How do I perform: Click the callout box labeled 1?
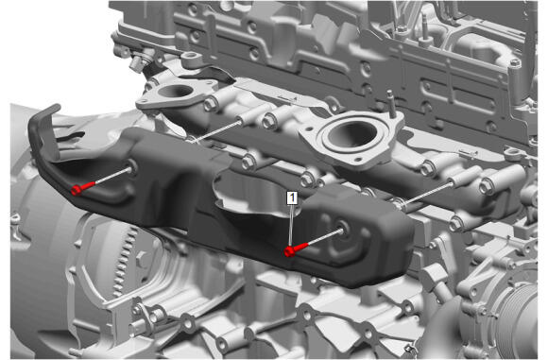pyautogui.click(x=292, y=197)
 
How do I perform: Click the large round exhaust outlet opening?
pyautogui.click(x=352, y=135)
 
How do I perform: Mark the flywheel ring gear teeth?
pyautogui.click(x=125, y=259)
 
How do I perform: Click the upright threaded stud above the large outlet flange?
pyautogui.click(x=391, y=102)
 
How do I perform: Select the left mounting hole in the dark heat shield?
pyautogui.click(x=132, y=165)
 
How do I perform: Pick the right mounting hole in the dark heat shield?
pyautogui.click(x=344, y=228)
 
